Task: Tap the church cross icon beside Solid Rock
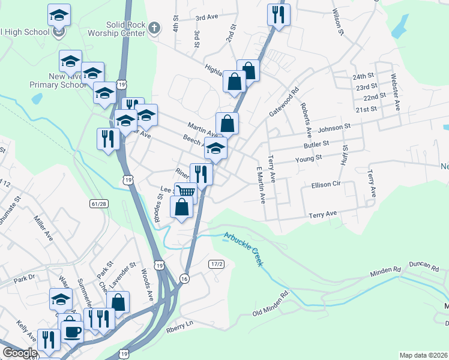coord(154,28)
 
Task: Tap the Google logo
coord(20,353)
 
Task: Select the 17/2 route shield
coord(217,264)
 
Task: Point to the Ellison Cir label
coord(326,185)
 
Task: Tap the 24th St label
coord(363,77)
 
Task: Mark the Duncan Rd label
coord(421,264)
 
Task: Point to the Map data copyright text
coord(423,355)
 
